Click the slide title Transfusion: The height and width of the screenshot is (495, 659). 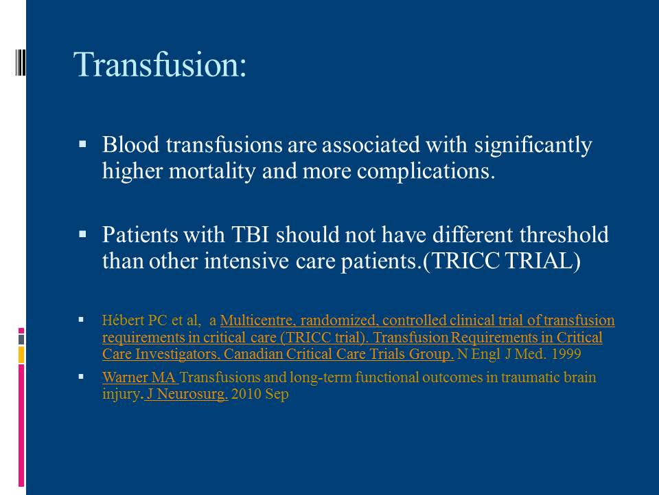[x=160, y=65]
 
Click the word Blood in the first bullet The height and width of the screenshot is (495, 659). [x=130, y=145]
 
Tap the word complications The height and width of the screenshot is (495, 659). [x=426, y=171]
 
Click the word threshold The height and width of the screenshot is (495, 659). [x=564, y=234]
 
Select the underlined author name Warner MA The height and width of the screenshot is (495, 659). [x=139, y=377]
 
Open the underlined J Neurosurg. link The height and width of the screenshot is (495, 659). [x=187, y=394]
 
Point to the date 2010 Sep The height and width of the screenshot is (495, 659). [x=259, y=395]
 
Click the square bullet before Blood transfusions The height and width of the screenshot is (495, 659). [x=82, y=145]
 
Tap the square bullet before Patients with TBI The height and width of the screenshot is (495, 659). [x=82, y=234]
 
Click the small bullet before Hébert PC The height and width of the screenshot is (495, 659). [x=81, y=320]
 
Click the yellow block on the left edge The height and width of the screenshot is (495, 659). [x=21, y=355]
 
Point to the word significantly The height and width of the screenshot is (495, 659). [x=533, y=146]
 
